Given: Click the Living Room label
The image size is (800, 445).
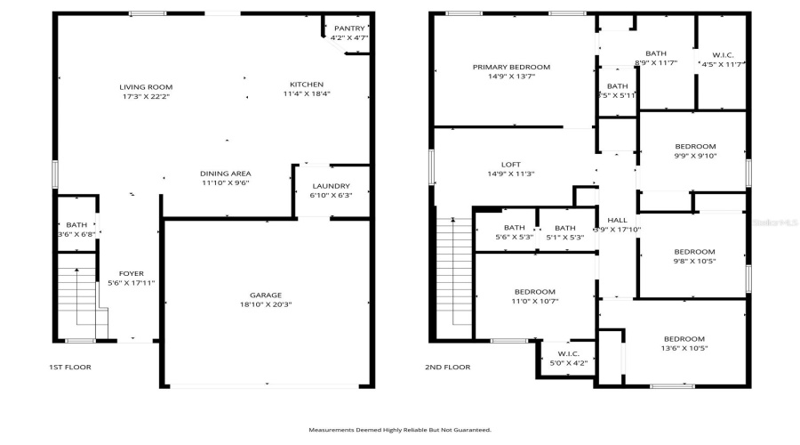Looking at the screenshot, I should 146,86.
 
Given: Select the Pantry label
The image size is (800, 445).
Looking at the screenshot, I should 348,28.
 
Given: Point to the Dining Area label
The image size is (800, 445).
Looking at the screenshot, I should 225,173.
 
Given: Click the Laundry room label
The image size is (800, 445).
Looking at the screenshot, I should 331,186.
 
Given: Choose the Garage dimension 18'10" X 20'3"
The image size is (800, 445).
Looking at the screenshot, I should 265,304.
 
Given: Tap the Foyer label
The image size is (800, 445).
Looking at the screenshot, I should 132,273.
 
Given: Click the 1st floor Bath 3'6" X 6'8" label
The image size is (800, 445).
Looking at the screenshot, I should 76,225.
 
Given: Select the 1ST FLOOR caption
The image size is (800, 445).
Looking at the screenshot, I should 69,367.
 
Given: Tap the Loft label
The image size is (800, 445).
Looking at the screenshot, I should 510,164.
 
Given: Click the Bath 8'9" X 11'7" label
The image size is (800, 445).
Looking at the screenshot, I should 655,53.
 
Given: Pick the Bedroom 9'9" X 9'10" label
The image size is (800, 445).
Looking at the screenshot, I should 694,147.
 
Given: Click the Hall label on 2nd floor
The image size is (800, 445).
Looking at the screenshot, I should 617,220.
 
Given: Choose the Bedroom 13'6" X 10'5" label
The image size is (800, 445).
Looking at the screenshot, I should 684,339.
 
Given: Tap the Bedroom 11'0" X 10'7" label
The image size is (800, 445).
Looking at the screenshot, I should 534,292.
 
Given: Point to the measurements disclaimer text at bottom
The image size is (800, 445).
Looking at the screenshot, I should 400,430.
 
